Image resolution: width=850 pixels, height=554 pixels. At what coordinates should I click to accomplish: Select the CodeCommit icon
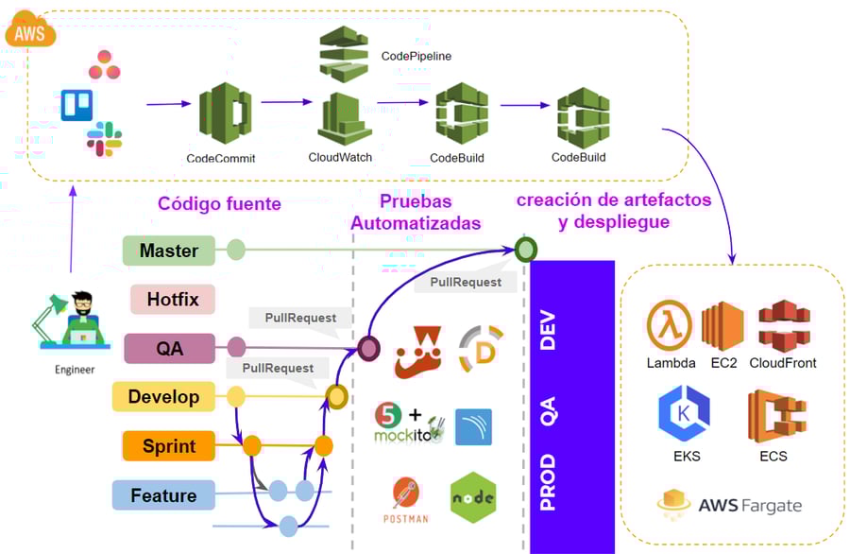(x=225, y=113)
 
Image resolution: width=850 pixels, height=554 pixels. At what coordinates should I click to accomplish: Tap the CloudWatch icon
(x=340, y=117)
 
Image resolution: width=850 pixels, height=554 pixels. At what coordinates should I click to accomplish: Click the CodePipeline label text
(x=416, y=57)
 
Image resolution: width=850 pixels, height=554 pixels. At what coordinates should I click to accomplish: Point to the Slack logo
(x=104, y=139)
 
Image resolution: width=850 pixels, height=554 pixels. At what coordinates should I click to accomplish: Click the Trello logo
(x=76, y=105)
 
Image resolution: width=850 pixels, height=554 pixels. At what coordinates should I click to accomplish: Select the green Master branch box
(x=169, y=251)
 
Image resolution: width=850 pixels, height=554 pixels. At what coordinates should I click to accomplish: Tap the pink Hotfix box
(x=173, y=300)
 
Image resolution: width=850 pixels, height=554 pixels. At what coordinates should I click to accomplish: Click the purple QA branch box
(x=169, y=348)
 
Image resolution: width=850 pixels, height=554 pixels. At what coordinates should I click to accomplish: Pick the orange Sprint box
(x=169, y=445)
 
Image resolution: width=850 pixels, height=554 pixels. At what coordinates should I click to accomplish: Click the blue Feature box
(x=163, y=494)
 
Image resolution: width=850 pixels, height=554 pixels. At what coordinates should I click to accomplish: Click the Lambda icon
(x=671, y=324)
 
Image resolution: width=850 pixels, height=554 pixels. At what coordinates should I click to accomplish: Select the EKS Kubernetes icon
(x=684, y=415)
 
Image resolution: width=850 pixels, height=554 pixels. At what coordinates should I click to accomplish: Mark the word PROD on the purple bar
(x=548, y=483)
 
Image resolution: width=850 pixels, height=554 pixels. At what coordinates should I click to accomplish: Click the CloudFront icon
(x=783, y=324)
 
